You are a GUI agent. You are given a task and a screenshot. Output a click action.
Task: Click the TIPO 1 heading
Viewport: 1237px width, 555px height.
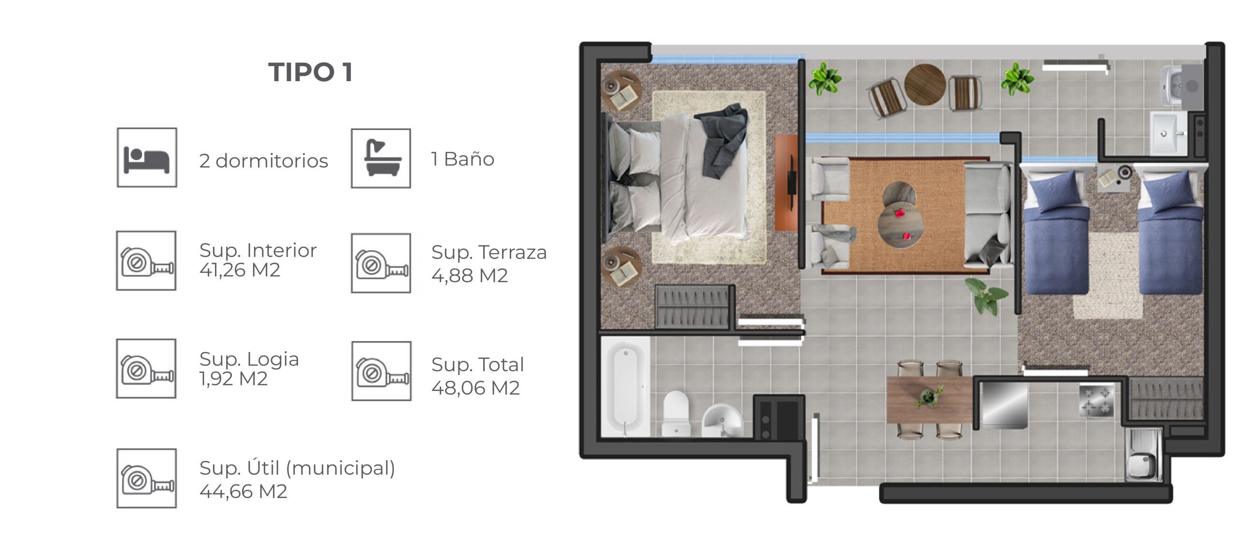(310, 72)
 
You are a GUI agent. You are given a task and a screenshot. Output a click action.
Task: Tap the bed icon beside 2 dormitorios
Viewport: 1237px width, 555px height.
(147, 157)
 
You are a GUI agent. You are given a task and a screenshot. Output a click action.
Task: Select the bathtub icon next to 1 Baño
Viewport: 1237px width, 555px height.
(381, 158)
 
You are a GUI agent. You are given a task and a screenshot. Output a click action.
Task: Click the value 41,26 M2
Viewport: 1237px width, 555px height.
(240, 270)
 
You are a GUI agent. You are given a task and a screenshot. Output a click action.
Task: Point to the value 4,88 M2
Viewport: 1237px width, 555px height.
(470, 276)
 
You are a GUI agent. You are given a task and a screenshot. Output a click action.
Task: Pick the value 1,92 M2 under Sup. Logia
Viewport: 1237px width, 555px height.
(233, 379)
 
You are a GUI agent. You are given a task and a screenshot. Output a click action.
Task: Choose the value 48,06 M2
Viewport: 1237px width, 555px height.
(475, 388)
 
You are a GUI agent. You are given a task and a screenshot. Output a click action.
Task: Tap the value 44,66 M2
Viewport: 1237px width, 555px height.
(244, 492)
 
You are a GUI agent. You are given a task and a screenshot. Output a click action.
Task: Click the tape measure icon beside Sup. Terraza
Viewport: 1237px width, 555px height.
(381, 263)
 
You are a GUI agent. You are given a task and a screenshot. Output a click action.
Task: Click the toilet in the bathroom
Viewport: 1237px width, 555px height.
(676, 413)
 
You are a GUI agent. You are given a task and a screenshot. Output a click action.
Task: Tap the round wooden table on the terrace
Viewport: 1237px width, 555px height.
(925, 84)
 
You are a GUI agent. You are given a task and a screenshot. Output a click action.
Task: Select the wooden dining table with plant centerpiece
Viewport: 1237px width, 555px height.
(930, 399)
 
